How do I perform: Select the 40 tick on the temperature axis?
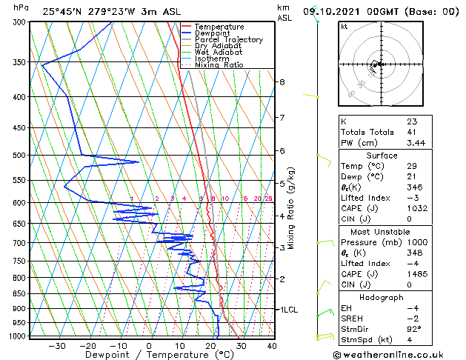coord(272,345)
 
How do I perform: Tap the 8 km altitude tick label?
coord(282,82)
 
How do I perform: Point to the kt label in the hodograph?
coord(344,26)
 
